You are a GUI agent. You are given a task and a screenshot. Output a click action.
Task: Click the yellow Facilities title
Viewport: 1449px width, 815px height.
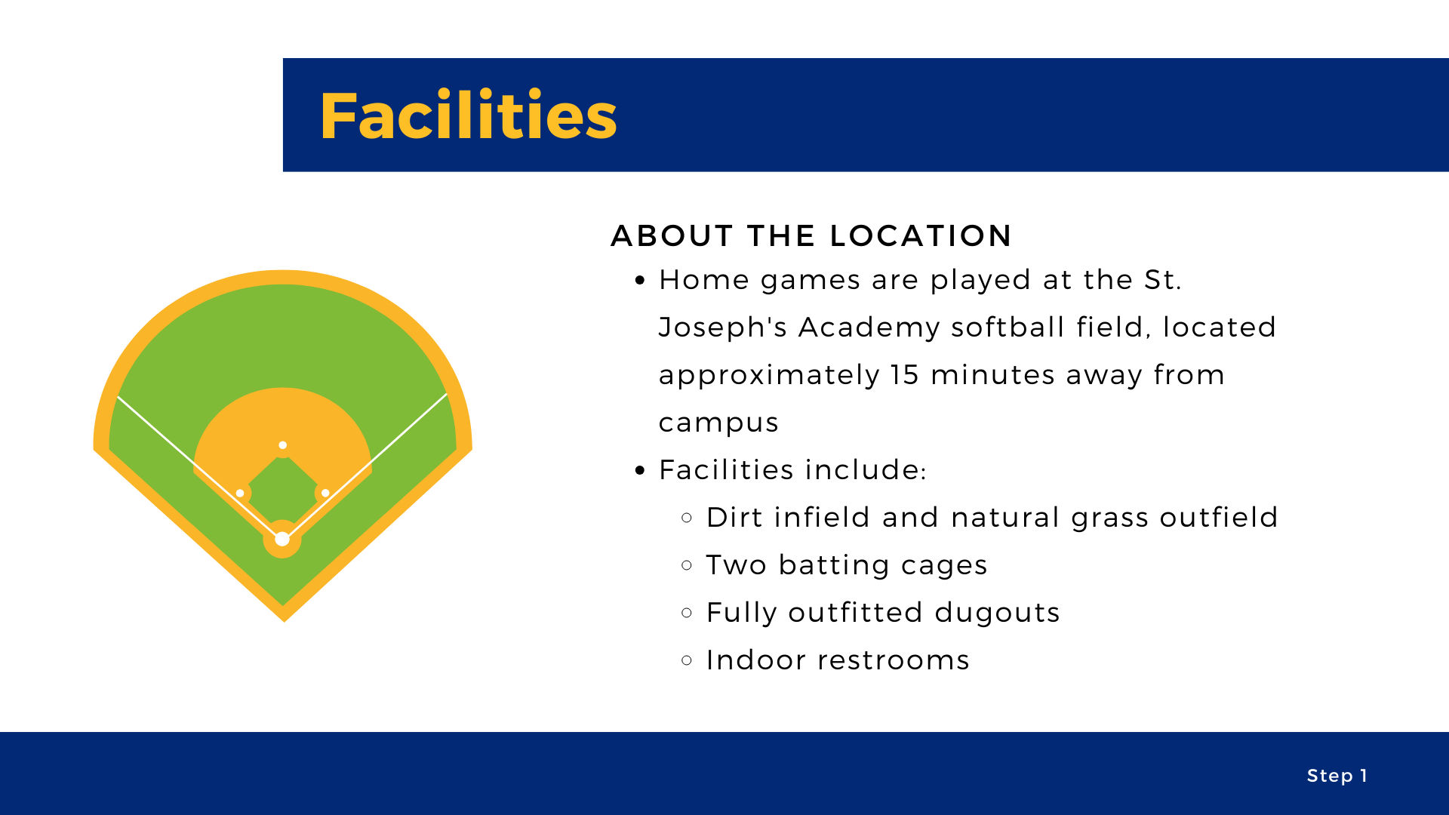[x=469, y=115]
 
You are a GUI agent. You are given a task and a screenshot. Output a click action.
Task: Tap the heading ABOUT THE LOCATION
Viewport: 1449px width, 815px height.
[x=811, y=235]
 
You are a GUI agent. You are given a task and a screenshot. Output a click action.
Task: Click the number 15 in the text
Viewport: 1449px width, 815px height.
[x=904, y=375]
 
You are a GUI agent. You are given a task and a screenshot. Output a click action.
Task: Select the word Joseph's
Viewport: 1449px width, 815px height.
[x=722, y=328]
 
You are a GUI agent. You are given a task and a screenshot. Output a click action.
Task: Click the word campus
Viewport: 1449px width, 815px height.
[x=718, y=423]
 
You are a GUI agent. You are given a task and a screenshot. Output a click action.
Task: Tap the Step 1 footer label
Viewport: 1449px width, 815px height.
[x=1337, y=776]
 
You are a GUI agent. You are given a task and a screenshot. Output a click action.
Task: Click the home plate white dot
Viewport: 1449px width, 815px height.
[x=282, y=539]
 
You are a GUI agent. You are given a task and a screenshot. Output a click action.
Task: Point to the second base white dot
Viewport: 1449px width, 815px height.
[x=282, y=445]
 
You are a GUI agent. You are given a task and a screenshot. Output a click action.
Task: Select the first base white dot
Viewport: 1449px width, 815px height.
[x=325, y=493]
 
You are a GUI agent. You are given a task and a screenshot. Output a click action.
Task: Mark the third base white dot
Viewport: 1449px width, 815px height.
[x=240, y=493]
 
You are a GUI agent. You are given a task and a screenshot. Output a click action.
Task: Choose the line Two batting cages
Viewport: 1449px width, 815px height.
[x=846, y=566]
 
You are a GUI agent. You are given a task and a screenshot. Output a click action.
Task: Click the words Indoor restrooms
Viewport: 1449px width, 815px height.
[x=838, y=660]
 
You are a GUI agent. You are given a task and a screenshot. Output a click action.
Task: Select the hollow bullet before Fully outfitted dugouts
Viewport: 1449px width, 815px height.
[x=687, y=613]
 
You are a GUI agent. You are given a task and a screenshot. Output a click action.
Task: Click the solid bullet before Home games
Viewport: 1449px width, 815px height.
[x=641, y=281]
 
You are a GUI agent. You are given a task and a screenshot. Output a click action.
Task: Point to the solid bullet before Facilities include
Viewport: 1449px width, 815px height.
[x=641, y=471]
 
